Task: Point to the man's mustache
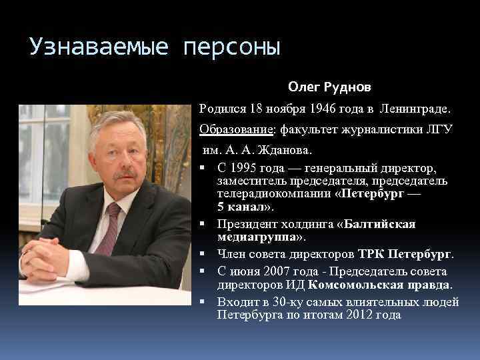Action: click(x=125, y=175)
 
